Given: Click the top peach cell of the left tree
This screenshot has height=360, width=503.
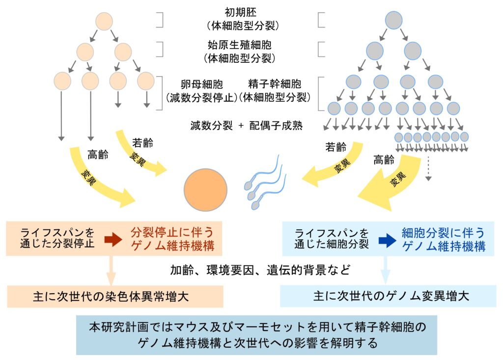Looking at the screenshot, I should point(104,22).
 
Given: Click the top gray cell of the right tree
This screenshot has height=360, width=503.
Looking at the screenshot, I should point(394,20).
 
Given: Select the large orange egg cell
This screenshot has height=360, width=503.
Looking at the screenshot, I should point(205,190).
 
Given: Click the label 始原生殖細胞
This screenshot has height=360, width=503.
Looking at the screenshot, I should point(239,45).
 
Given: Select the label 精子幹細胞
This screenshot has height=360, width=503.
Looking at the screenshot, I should point(276,84).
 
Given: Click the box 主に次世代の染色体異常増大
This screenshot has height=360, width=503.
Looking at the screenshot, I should point(115,297).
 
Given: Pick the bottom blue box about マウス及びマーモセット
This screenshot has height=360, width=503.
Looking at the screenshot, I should point(256,334).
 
